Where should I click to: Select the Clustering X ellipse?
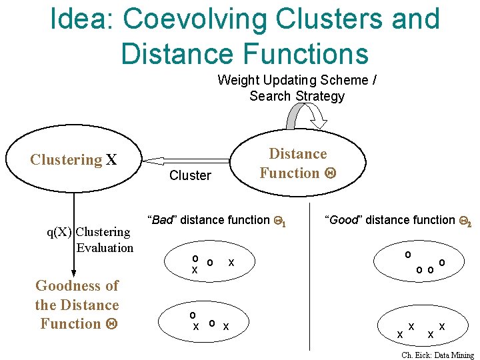[x=73, y=160]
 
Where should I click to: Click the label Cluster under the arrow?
[x=190, y=176]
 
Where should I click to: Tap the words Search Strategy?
[x=297, y=96]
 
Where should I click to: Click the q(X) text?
[x=59, y=232]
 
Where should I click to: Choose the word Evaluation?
[x=105, y=248]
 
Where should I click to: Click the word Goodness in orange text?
[x=77, y=286]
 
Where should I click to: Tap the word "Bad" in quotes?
[x=162, y=220]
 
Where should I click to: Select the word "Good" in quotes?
[x=343, y=220]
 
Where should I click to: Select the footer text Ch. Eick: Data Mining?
[x=437, y=355]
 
